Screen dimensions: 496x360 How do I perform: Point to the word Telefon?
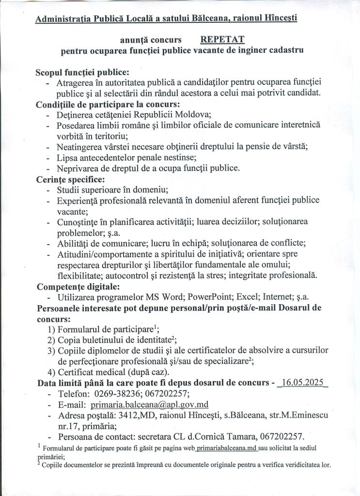pos(73,394)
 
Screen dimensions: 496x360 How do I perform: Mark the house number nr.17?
pos(68,426)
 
